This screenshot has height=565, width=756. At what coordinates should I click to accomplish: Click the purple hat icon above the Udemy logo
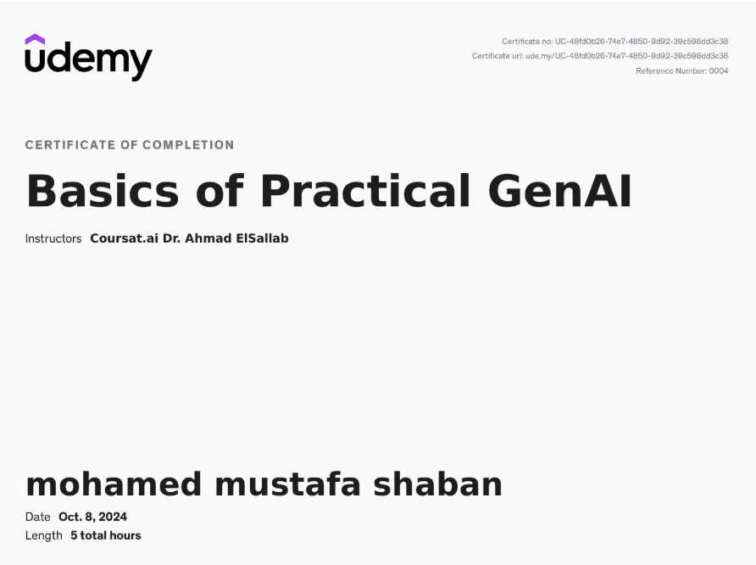point(35,39)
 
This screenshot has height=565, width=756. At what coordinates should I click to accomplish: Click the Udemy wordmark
point(89,61)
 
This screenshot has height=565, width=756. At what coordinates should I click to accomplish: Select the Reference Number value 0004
point(719,71)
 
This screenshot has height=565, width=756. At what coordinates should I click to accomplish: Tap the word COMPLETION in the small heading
point(188,145)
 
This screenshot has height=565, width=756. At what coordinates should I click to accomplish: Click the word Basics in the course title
point(103,191)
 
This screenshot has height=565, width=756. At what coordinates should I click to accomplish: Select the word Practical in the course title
point(365,191)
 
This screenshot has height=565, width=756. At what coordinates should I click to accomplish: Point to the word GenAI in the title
point(559,191)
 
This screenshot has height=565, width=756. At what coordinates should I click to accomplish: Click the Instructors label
point(53,239)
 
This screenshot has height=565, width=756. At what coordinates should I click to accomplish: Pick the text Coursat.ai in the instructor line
point(124,238)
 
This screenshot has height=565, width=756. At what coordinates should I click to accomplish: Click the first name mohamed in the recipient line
point(114,484)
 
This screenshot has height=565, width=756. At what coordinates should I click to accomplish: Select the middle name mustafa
point(287,484)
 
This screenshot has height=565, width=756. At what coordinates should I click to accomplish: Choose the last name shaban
point(438,484)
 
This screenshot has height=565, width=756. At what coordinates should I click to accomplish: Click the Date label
point(37,517)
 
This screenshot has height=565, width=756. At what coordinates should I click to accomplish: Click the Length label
point(44,535)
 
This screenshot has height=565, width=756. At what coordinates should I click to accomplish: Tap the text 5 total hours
point(106,535)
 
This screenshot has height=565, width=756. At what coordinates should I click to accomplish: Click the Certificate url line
point(600,56)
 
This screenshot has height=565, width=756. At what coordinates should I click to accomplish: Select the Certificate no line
point(614,42)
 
